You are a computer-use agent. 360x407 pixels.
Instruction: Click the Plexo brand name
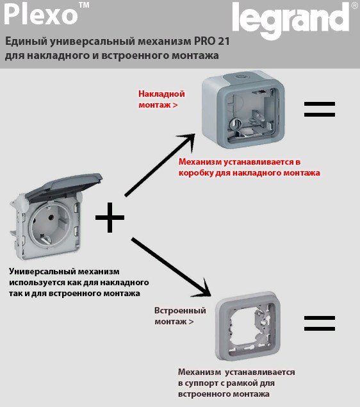point(41,14)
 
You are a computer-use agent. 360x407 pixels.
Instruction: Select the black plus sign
point(110,217)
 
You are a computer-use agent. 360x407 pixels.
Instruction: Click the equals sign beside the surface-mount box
point(320,109)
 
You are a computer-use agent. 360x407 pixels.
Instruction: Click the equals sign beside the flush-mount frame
point(320,324)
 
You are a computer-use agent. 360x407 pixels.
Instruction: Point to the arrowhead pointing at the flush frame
point(204,290)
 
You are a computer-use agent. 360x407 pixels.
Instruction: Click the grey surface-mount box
point(243,110)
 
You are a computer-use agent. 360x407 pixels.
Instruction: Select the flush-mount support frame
point(249,326)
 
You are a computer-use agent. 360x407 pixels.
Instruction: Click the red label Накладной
point(161,94)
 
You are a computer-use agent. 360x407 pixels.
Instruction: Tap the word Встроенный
point(180,310)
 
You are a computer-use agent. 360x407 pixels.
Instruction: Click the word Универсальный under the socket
point(42,272)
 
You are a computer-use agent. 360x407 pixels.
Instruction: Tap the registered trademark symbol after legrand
point(354,6)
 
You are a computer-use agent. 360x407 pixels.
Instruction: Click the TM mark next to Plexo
point(85,6)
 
